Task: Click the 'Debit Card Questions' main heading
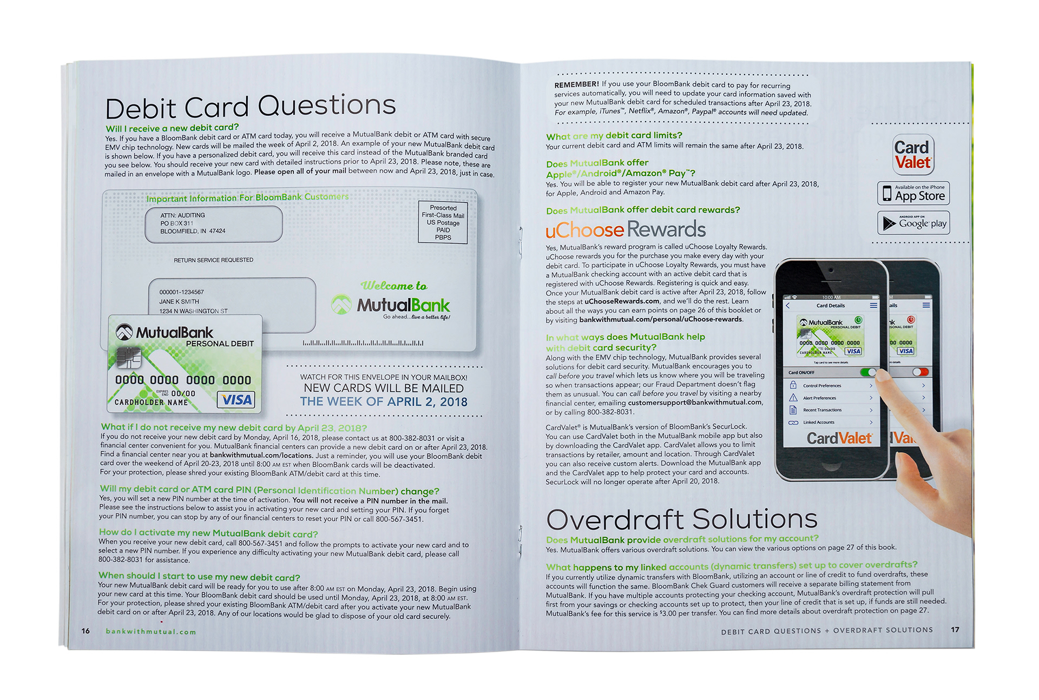point(250,107)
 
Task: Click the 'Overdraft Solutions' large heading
point(681,519)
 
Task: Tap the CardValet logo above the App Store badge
point(913,155)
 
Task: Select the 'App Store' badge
point(913,194)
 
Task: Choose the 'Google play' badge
point(913,223)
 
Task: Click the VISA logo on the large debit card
point(236,400)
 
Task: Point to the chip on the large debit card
point(128,358)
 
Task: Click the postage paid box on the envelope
point(443,222)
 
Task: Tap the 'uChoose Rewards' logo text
point(626,230)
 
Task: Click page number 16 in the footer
point(86,631)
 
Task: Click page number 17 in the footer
point(955,630)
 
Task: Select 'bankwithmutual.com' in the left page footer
point(151,632)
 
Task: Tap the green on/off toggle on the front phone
point(868,372)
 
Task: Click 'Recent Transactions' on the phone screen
point(822,410)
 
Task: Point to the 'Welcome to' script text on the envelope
point(393,286)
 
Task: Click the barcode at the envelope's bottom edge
point(363,343)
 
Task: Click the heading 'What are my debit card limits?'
point(614,136)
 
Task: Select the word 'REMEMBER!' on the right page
point(576,85)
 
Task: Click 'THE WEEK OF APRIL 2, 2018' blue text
point(384,402)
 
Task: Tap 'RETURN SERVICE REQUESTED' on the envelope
point(213,260)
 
